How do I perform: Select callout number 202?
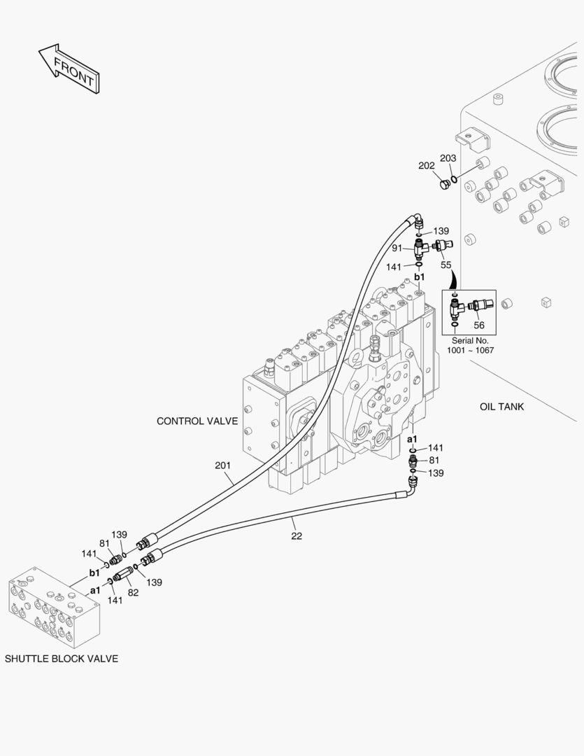pos(426,166)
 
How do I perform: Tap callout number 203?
pos(448,159)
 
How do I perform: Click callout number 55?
pos(446,265)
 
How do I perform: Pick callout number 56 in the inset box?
pos(479,325)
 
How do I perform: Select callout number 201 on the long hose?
pos(223,465)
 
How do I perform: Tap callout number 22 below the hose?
pos(297,535)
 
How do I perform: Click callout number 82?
pos(133,592)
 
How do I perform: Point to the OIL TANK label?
pos(501,407)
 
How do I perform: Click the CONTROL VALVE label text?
pos(197,421)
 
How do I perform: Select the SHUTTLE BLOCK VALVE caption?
pos(62,659)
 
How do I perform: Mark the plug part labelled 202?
pos(443,184)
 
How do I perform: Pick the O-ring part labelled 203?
pos(455,178)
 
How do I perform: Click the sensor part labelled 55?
pos(442,246)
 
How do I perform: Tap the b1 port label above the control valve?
pos(419,277)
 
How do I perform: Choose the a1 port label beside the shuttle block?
pos(95,590)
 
